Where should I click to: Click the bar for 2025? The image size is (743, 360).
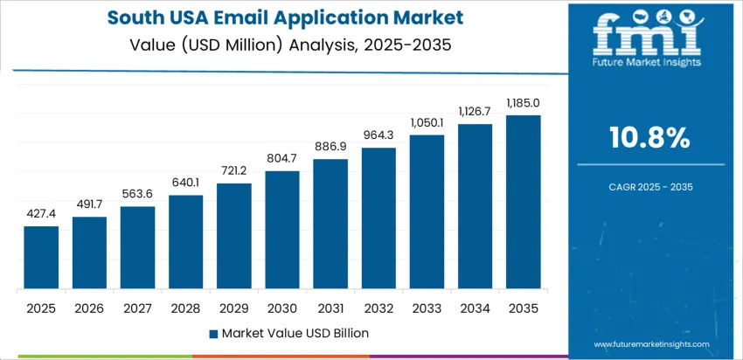41,258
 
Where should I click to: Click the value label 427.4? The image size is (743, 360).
41,213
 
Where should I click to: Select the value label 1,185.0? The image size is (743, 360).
523,102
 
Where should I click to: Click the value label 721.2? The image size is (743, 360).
234,170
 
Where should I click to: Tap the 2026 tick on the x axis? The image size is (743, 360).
89,308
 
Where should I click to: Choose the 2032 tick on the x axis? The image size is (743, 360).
378,308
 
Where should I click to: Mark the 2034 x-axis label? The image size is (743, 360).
475,308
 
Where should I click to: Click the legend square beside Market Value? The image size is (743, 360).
214,333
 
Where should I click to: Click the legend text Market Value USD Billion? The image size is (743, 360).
295,333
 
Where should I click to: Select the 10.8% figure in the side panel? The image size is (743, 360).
649,137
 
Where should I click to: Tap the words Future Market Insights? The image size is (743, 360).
646,64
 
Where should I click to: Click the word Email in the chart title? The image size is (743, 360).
226,17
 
